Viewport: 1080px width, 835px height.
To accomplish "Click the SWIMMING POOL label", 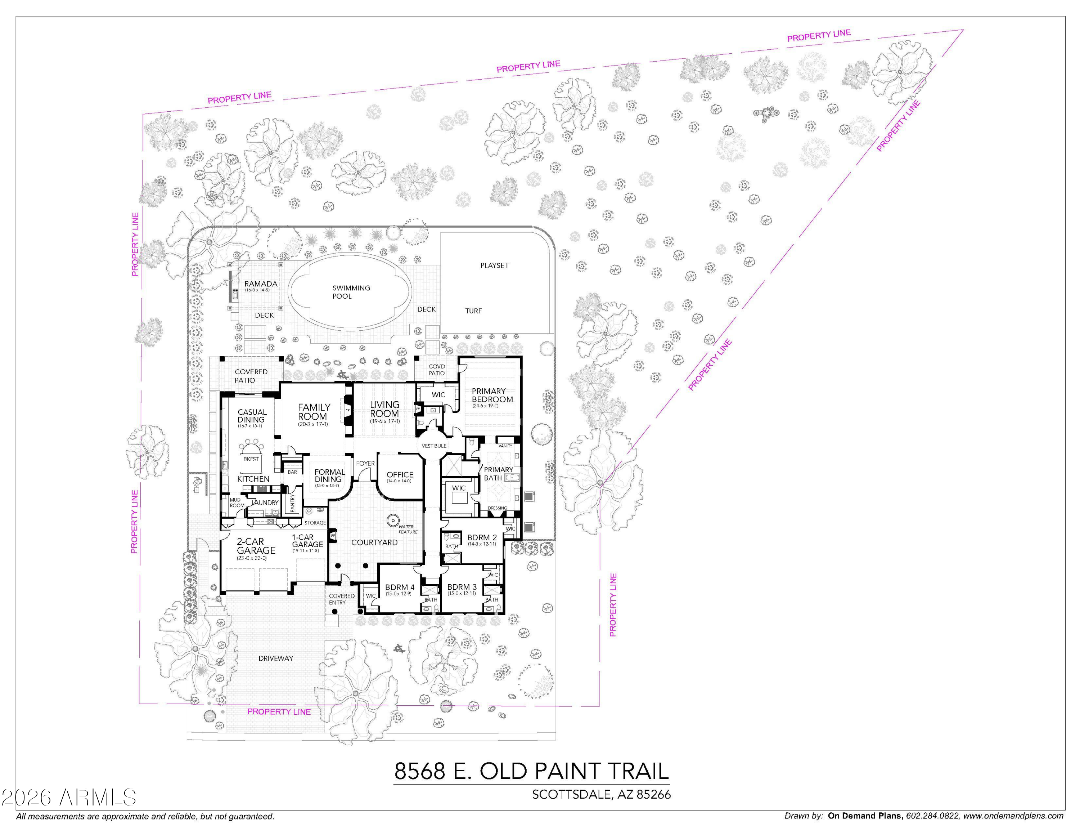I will coord(351,292).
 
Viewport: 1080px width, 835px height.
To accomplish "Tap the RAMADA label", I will coord(261,284).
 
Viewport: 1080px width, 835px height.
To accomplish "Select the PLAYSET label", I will coord(494,265).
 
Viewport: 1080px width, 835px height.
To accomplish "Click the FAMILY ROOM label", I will coord(314,412).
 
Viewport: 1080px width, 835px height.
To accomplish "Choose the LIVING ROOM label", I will coord(384,409).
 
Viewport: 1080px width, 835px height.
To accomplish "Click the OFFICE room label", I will coord(400,475).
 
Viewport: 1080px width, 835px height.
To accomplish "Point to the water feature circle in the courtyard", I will coord(393,520).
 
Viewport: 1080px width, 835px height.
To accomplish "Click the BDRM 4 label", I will coord(400,588).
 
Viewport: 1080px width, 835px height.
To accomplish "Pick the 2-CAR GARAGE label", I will coord(255,546).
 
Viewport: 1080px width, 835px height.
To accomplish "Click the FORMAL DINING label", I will coord(329,476).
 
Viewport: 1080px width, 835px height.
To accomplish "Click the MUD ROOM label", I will coord(237,503).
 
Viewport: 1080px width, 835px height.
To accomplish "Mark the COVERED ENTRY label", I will coord(341,599).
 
